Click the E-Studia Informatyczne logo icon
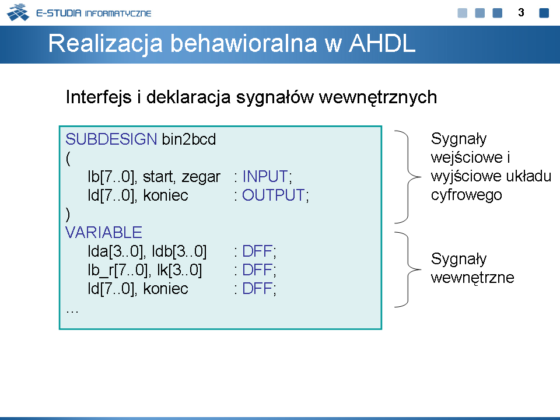tap(18, 12)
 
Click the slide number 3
tap(521, 13)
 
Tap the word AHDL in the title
tap(382, 44)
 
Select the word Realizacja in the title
tap(106, 44)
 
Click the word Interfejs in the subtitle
tap(99, 97)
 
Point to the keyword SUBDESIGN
tap(111, 139)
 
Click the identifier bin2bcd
tap(189, 139)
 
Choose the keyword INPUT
tap(265, 176)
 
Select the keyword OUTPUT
tap(273, 195)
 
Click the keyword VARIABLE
tap(104, 233)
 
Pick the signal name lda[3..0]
tap(116, 251)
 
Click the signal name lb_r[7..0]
tap(117, 270)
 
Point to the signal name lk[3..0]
tap(179, 270)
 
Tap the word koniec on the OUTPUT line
tap(166, 195)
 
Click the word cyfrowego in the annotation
tap(467, 195)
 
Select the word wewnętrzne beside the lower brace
tap(473, 278)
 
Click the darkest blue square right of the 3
tap(544, 13)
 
